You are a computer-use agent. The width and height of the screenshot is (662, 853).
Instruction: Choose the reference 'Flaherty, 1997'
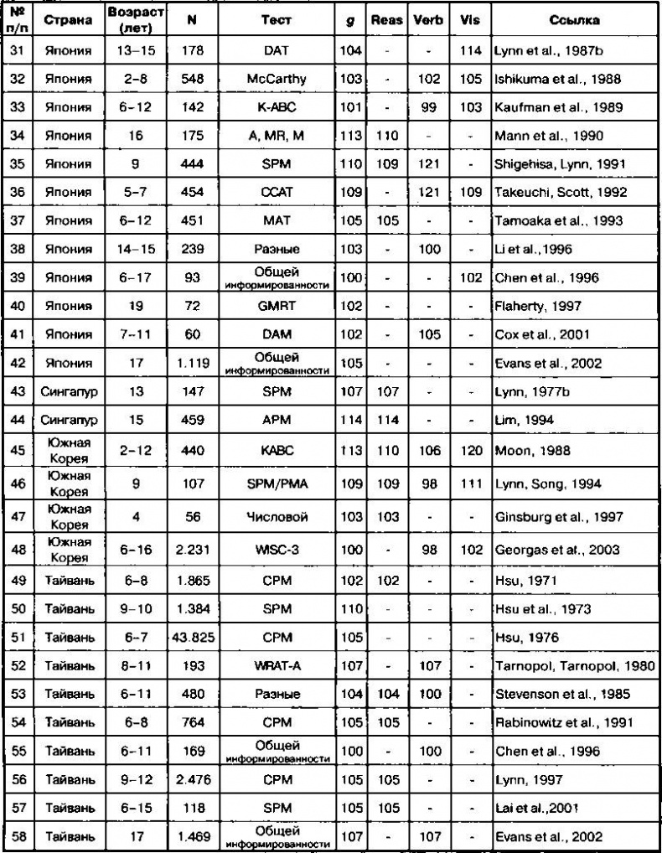pos(531,306)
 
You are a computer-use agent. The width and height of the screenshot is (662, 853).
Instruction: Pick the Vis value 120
pos(471,450)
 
